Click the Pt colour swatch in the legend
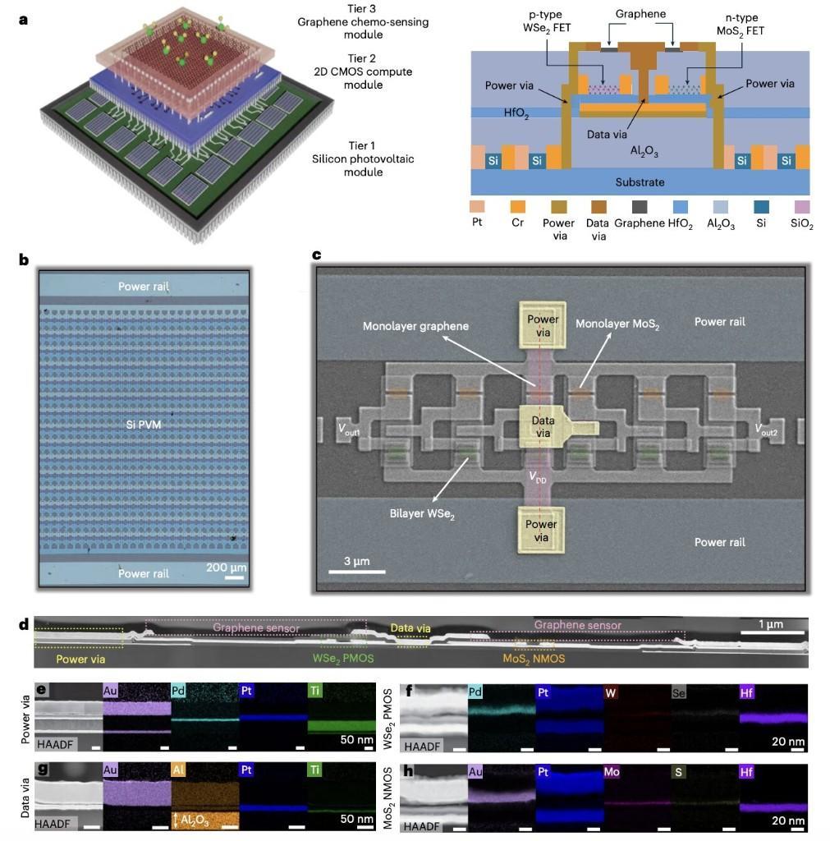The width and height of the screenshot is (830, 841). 477,206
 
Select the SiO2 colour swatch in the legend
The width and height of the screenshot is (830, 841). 802,206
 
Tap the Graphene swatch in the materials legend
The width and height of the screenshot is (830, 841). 640,206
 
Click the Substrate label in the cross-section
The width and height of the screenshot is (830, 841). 640,182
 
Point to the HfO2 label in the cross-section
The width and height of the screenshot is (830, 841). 516,113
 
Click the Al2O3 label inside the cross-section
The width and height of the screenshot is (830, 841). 644,151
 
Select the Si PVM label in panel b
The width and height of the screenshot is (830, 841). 143,425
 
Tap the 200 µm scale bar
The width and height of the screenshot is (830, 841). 234,577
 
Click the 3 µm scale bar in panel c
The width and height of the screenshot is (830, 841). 356,572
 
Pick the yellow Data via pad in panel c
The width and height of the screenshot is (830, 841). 543,427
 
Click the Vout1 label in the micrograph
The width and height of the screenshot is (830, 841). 349,430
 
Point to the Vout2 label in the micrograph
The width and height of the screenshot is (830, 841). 765,429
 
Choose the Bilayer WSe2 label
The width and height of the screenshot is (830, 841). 422,514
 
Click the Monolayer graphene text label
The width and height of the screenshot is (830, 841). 415,326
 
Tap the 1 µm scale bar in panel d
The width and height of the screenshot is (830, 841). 773,633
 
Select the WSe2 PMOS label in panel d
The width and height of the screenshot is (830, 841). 343,658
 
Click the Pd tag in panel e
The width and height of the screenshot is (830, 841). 178,690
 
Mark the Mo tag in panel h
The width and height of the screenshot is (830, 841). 612,772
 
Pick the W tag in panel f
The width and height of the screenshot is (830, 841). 610,692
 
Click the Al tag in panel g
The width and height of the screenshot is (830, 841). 178,770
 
